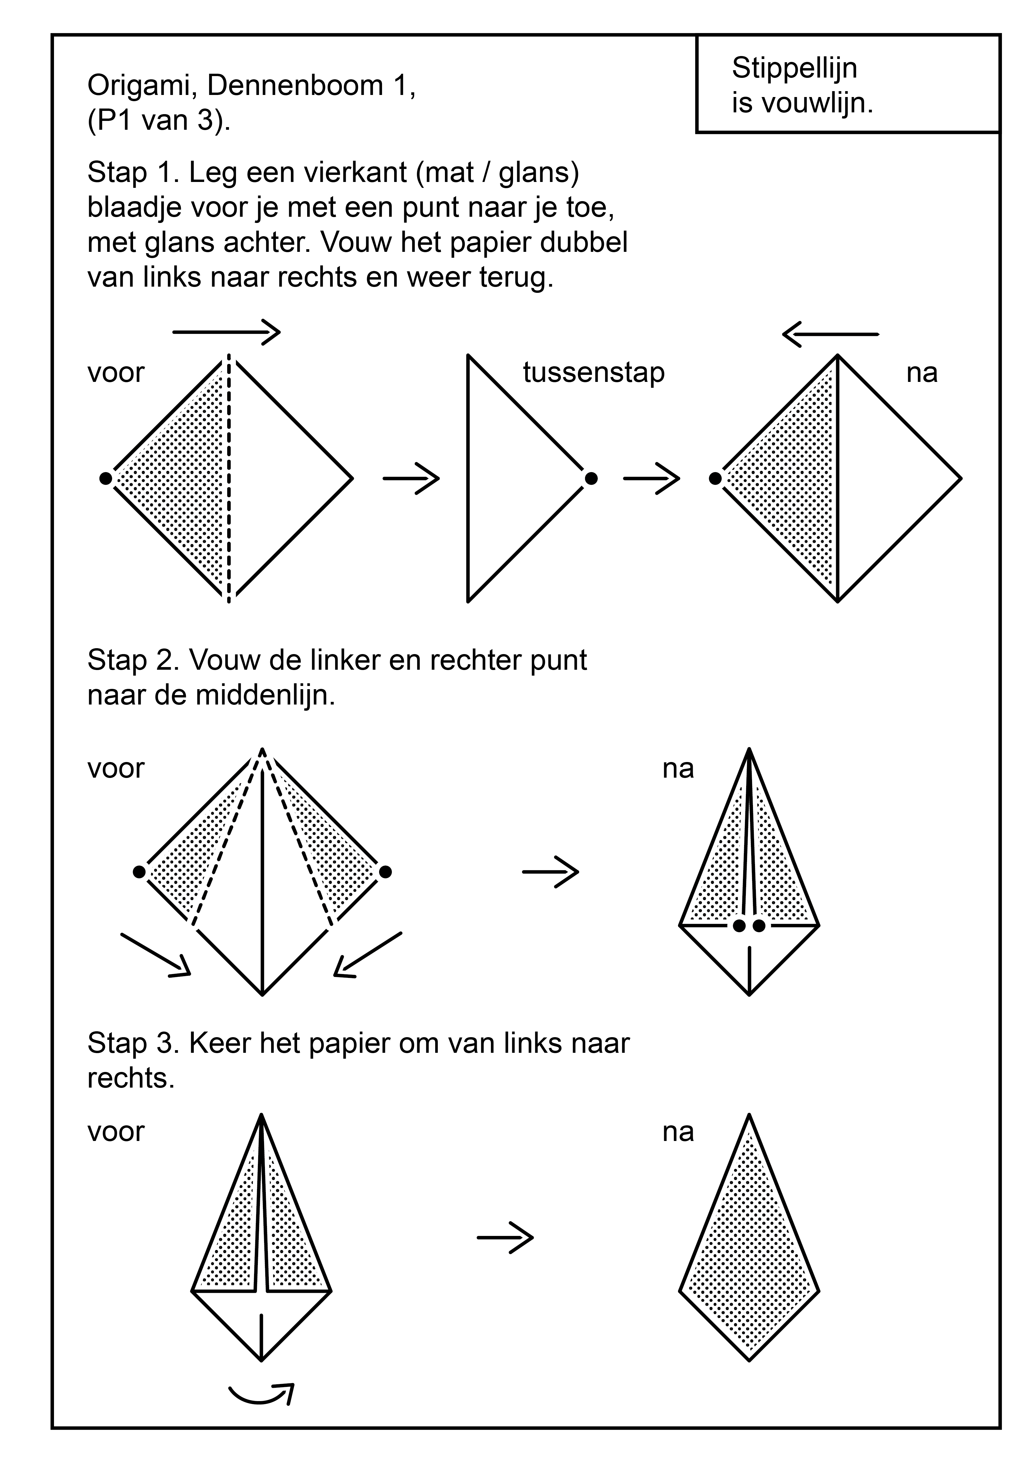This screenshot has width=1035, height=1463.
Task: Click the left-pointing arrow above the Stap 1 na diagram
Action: click(830, 334)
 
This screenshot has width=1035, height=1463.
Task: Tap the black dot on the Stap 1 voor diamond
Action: click(106, 478)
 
